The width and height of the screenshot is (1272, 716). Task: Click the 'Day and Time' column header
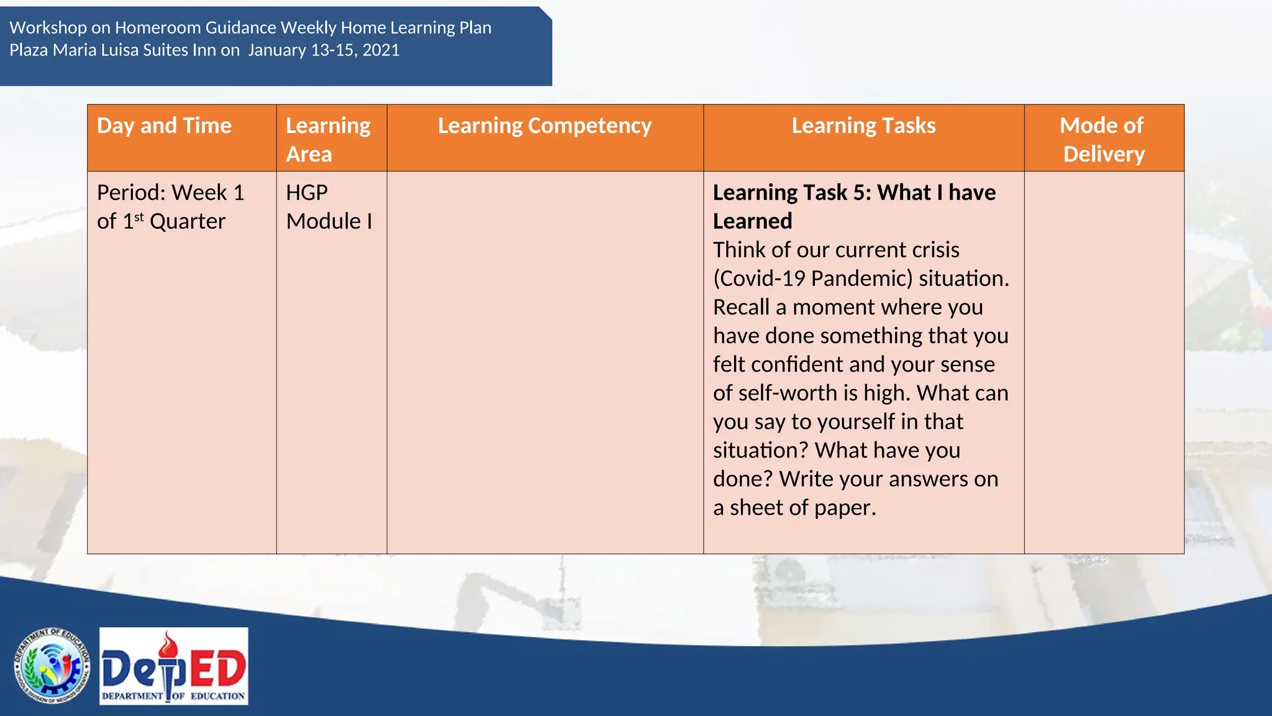[164, 126]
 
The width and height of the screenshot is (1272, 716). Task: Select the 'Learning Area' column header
[328, 139]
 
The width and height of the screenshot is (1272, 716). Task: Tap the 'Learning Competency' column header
[545, 126]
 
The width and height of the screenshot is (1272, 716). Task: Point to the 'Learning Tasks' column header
[863, 126]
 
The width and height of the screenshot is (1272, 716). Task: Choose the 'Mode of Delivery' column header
[1103, 139]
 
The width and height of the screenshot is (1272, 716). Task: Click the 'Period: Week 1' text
[170, 193]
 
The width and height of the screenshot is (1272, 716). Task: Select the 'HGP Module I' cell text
[329, 207]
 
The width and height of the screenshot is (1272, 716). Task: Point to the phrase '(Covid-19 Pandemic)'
[812, 278]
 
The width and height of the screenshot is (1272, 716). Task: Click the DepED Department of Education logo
[174, 666]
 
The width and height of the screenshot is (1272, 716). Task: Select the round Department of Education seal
[52, 666]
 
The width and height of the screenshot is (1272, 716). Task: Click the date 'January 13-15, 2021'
[324, 50]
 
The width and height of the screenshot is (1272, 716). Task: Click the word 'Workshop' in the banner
[48, 28]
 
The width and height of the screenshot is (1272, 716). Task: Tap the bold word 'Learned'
[752, 221]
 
